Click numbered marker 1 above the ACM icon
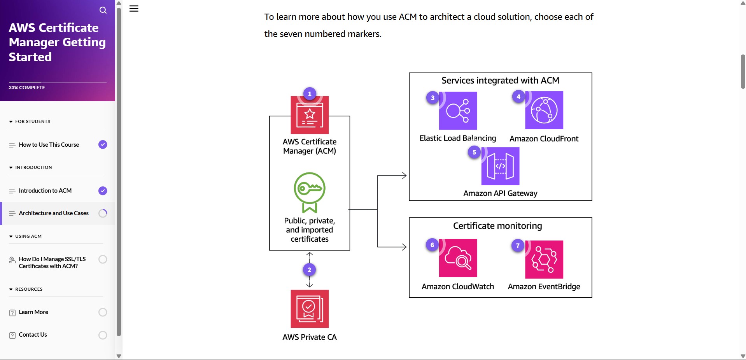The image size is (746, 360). (310, 94)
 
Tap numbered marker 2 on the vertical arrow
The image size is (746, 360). (309, 270)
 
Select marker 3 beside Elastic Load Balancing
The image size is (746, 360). (433, 98)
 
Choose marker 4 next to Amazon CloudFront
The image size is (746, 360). (518, 97)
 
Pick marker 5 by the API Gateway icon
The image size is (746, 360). (474, 152)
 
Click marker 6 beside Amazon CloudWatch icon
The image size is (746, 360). (432, 245)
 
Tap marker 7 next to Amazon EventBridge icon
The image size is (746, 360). (518, 246)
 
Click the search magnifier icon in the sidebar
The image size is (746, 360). (103, 10)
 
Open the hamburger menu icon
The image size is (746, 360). (134, 9)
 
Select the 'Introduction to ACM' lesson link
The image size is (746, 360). (45, 191)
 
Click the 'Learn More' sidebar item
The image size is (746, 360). (33, 312)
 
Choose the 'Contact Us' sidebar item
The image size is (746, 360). (33, 335)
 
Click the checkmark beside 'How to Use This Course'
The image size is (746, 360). (103, 144)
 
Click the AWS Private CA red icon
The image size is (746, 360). (310, 309)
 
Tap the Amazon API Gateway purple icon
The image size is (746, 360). (500, 166)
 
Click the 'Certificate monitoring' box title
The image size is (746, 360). (497, 226)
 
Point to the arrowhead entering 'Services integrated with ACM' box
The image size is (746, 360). (404, 176)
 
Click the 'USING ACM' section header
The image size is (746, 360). (28, 236)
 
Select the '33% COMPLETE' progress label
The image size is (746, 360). (27, 88)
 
